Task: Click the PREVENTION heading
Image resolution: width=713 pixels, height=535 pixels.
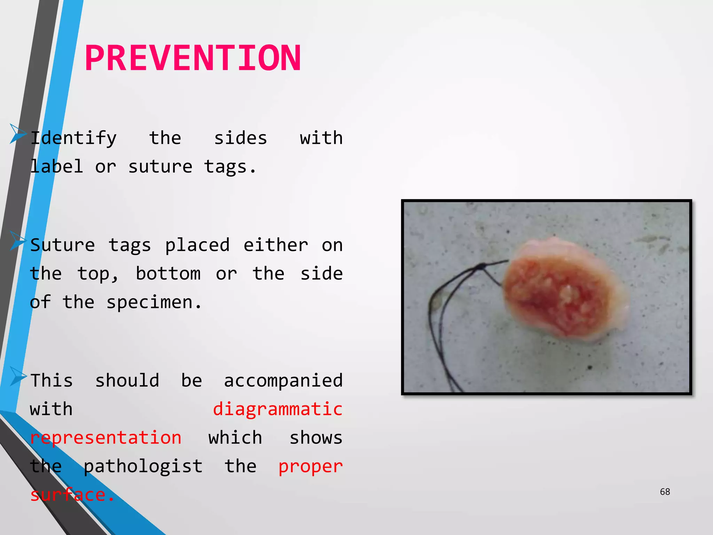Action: point(193,58)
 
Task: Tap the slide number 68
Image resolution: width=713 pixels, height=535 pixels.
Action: point(665,491)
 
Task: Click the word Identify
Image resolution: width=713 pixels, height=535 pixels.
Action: point(73,138)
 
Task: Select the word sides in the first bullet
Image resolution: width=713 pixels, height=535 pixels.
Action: point(240,138)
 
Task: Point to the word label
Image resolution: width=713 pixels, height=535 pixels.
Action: point(56,167)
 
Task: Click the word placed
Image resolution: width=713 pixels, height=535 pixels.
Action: point(197,245)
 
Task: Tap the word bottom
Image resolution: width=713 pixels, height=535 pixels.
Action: point(168,274)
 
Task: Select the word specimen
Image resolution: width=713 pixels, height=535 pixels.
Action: point(154,302)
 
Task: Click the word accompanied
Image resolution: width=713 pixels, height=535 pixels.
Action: point(283,380)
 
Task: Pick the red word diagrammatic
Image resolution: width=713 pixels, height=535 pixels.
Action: point(277,409)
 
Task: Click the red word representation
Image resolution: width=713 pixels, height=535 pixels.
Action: point(105,437)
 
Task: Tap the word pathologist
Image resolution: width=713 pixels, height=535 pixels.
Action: point(143,466)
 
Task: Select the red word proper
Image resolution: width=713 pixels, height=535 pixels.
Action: point(311,466)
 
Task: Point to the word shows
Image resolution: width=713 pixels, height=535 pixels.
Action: point(316,437)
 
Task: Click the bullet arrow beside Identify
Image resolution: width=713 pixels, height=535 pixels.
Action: point(17,133)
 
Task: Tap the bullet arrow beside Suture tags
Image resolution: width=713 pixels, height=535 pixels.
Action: point(17,240)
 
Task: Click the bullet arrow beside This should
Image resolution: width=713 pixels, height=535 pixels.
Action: point(17,376)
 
